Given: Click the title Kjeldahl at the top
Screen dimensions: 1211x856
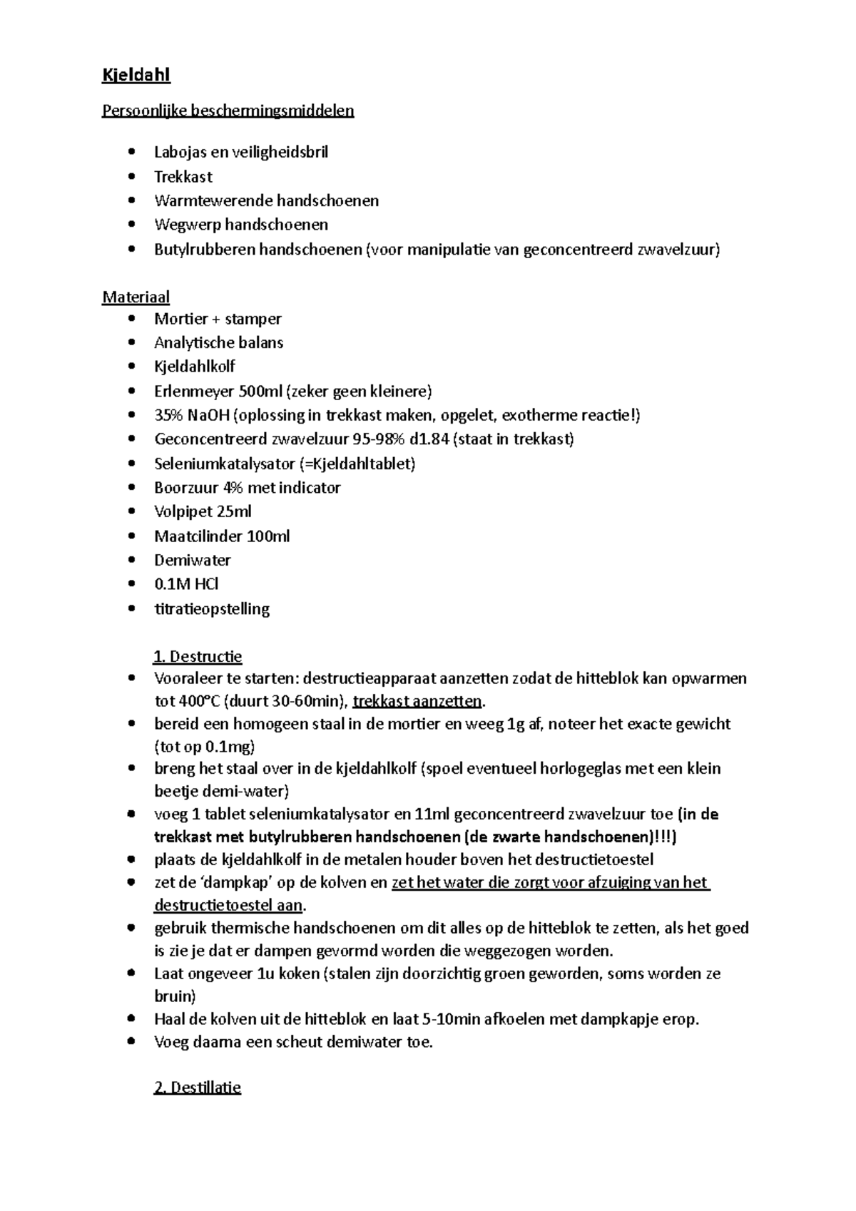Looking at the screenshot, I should pos(136,75).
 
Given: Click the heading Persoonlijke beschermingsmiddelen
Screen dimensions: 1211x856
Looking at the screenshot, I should pos(228,111).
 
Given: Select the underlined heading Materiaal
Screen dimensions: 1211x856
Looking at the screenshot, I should pos(136,297).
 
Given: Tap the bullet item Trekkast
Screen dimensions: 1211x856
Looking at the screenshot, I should pos(183,177).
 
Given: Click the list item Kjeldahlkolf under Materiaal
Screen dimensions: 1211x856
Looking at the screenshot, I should pos(194,367).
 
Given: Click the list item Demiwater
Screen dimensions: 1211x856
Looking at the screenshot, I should pos(192,561).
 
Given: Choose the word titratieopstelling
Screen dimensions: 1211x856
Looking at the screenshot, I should pos(212,609).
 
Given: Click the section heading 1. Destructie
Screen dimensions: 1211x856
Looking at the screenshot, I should pos(198,656).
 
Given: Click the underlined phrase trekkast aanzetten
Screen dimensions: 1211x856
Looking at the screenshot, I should pos(417,701).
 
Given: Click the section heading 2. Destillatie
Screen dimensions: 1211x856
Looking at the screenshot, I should pos(198,1088).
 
